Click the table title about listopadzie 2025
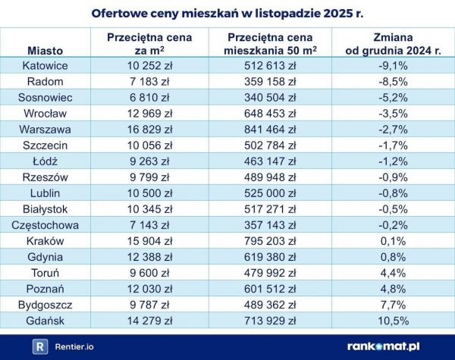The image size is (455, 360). (x=227, y=13)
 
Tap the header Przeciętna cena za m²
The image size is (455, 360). (x=149, y=43)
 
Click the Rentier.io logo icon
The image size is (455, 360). (x=41, y=346)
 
